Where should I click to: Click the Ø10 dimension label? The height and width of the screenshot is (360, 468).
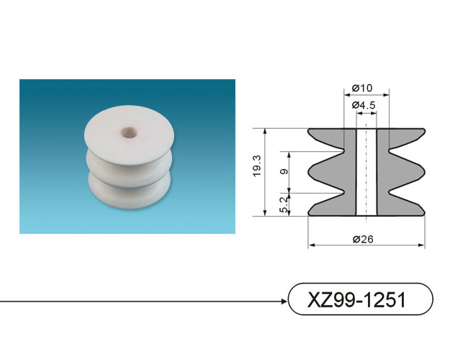(362, 88)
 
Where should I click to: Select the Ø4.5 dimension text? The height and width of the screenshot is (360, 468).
(364, 105)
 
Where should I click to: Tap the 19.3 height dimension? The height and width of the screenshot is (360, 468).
(257, 166)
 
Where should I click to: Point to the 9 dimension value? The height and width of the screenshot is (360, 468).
(284, 171)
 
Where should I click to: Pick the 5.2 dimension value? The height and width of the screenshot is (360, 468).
(284, 204)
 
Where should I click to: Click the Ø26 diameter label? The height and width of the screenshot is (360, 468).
(363, 239)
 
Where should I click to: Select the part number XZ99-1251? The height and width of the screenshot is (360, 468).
(356, 300)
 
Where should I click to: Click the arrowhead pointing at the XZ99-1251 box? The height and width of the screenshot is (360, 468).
(284, 301)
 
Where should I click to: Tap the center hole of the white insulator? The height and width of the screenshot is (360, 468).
(129, 132)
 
